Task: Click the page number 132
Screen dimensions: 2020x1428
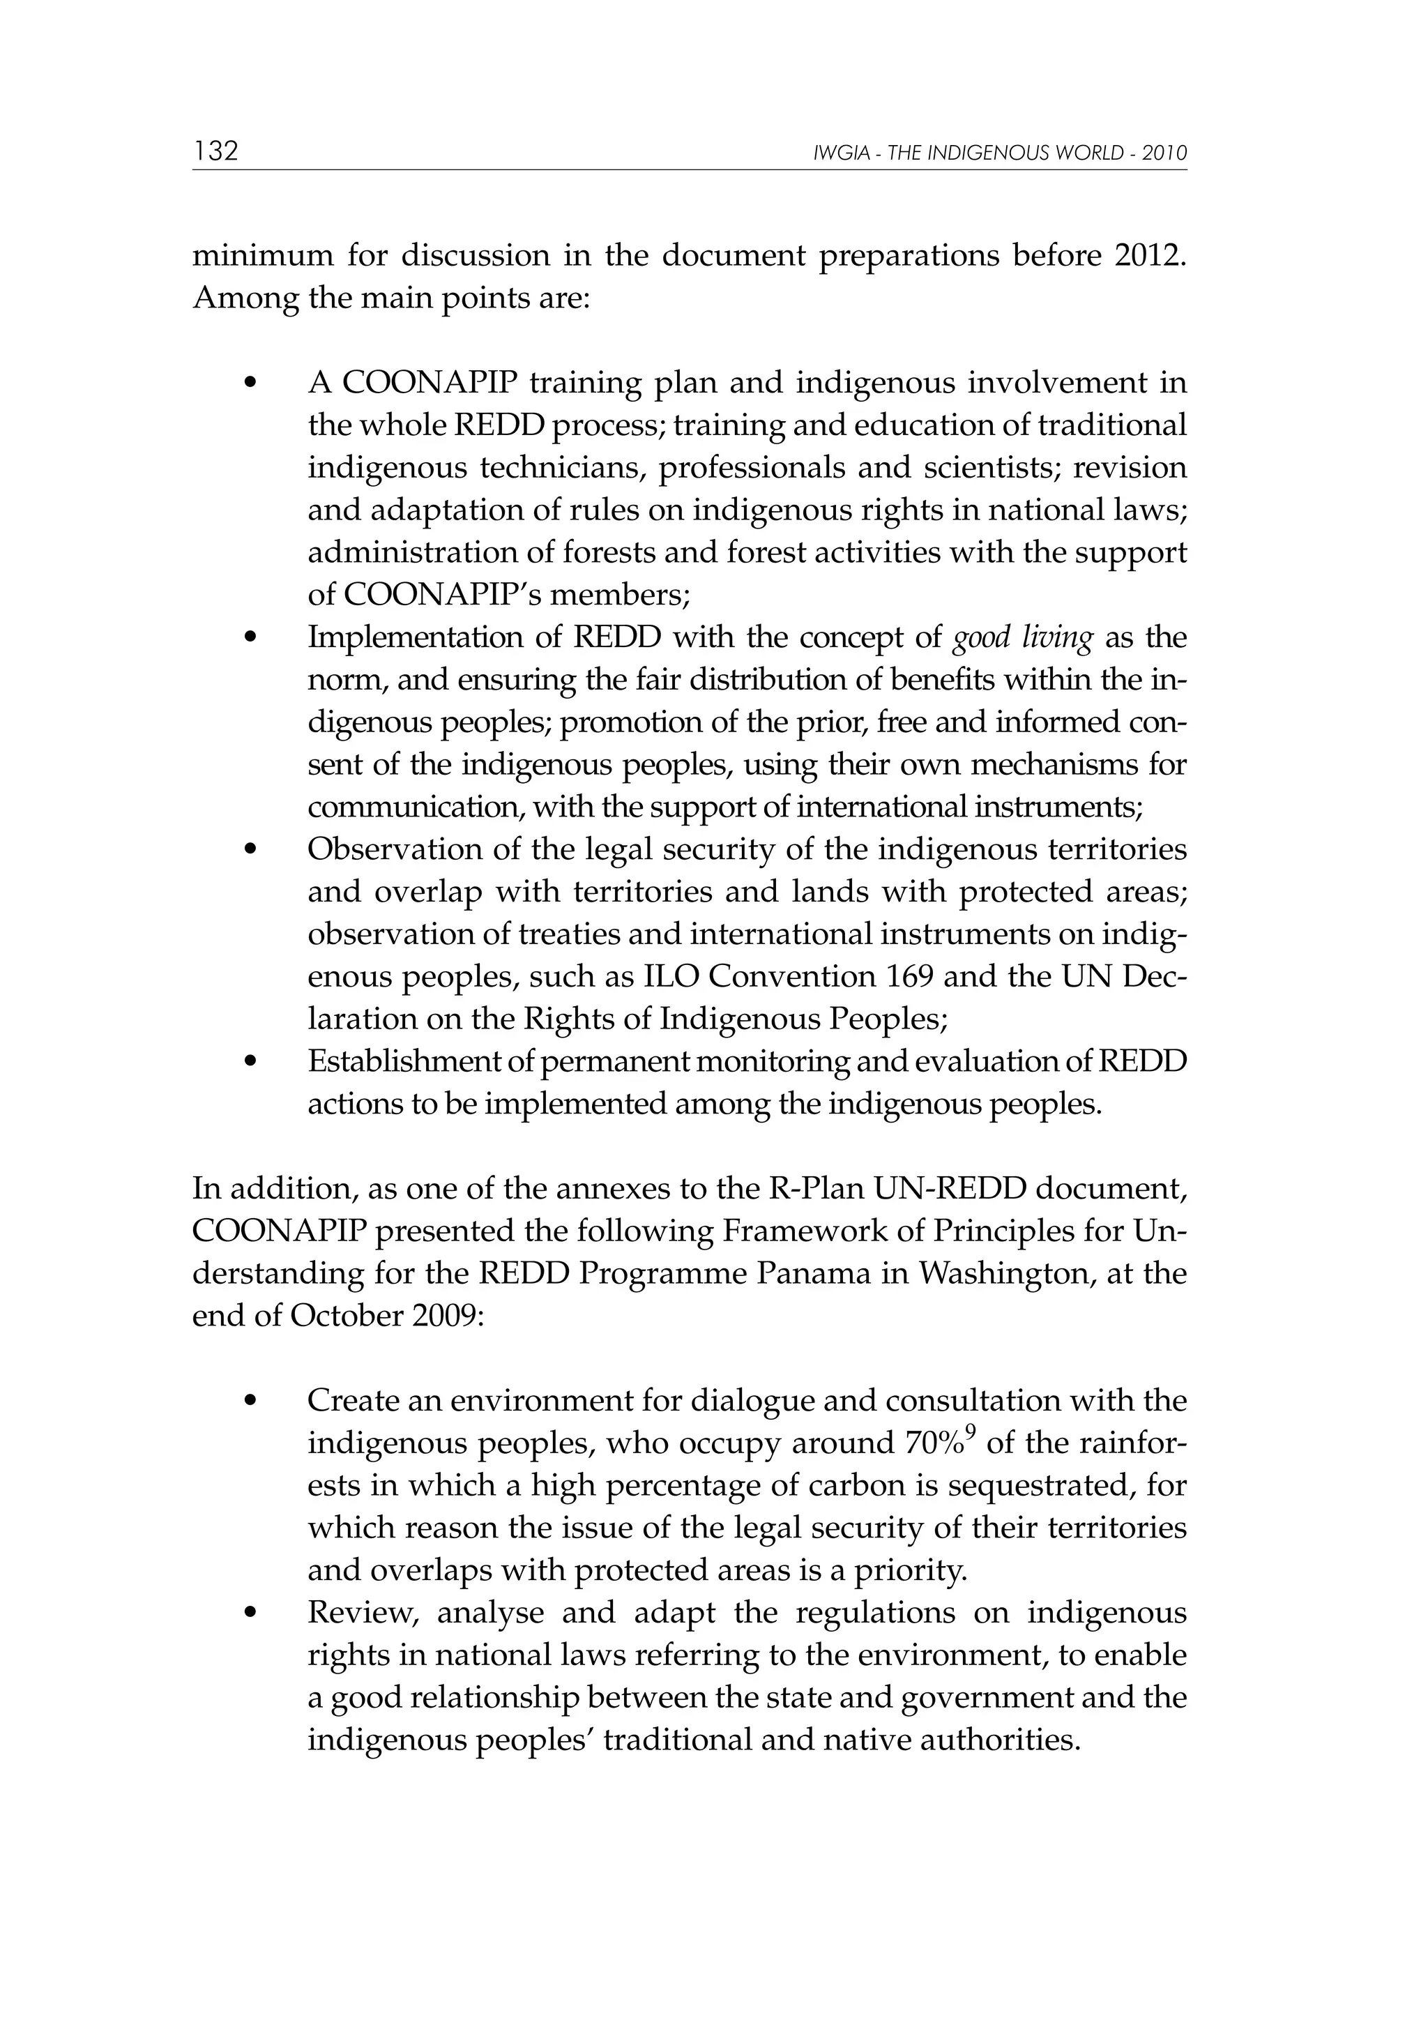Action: (x=215, y=151)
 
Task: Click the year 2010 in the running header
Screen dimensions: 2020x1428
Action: (x=1165, y=154)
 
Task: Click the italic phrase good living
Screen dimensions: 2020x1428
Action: (x=1022, y=637)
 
